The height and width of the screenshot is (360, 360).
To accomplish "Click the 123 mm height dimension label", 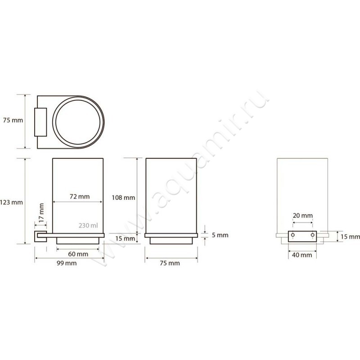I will tap(11, 202).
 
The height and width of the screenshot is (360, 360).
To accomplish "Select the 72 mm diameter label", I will tap(79, 196).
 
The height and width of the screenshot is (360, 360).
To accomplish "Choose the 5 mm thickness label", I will tap(219, 235).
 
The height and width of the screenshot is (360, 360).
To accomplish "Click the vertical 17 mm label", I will tap(41, 212).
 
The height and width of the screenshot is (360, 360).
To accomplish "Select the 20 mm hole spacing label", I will tap(302, 216).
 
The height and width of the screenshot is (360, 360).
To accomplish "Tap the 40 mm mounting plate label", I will tap(302, 255).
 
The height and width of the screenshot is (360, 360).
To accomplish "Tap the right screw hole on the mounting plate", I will tap(312, 235).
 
